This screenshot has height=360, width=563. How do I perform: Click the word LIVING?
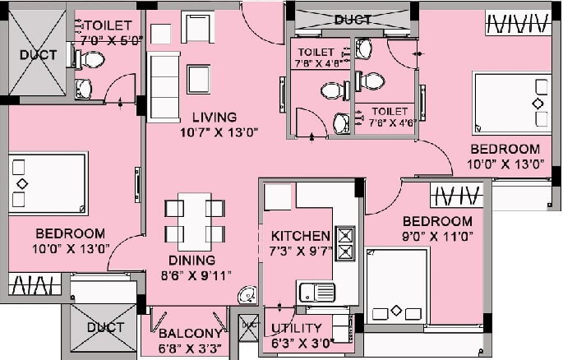tap(209, 117)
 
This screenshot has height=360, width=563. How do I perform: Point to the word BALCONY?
tap(190, 333)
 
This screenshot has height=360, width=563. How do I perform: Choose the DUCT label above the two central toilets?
tap(353, 19)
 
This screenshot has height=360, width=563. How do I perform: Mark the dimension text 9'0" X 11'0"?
tap(437, 236)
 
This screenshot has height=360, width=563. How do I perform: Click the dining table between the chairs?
tap(195, 220)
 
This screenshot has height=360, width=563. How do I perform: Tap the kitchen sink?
tap(316, 292)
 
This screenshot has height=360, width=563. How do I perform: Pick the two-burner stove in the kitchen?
tap(345, 244)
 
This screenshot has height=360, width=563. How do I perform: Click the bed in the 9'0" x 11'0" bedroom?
tap(397, 286)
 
